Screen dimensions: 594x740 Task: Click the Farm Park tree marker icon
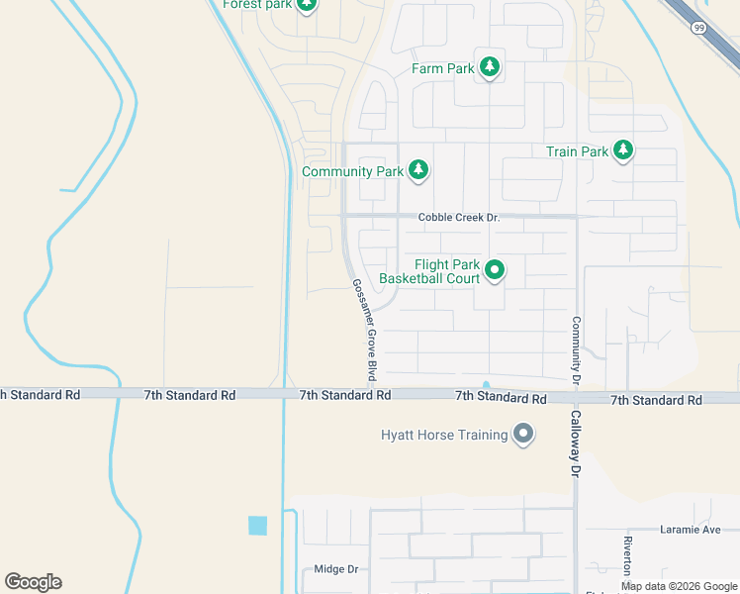(489, 68)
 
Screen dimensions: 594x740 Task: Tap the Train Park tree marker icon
(622, 151)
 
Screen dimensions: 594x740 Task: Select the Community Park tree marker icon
(418, 171)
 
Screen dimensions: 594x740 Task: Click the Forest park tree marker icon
(307, 5)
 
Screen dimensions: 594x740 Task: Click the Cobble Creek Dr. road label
(459, 218)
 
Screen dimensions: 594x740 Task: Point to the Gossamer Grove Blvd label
(364, 331)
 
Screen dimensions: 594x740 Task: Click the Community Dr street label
(575, 350)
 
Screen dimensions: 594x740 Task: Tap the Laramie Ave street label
(691, 530)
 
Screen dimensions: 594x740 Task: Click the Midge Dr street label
(334, 569)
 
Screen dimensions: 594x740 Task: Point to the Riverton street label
(627, 559)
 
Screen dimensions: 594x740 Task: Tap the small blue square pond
(258, 526)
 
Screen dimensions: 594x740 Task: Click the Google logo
(33, 582)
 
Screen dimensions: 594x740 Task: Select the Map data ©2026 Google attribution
(679, 586)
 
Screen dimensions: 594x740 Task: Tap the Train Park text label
(577, 151)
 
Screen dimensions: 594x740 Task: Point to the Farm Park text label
(443, 69)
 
